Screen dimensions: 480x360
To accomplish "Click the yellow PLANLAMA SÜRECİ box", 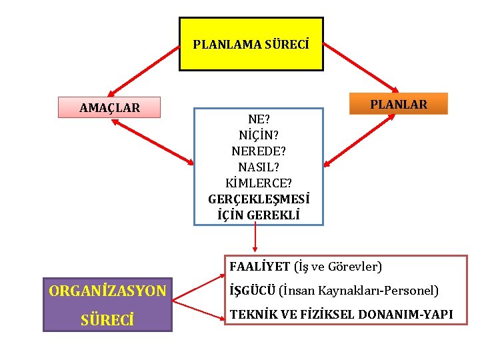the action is tap(251, 45).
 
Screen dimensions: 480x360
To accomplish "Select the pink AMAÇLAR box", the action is tap(109, 107).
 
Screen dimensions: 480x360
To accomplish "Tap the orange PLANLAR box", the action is tap(399, 104).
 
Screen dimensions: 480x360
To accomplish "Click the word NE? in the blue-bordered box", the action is tap(259, 120).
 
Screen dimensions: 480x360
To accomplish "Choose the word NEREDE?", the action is tap(259, 151).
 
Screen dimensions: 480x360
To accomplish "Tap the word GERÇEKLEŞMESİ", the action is tap(259, 199).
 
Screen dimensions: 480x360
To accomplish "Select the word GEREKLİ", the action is tap(273, 215).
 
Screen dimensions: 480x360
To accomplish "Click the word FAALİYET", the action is tap(259, 267).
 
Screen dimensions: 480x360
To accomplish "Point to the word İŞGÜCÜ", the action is tap(252, 291).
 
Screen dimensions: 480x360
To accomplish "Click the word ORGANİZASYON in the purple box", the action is tap(107, 291).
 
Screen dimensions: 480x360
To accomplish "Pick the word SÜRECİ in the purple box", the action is tap(107, 320).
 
